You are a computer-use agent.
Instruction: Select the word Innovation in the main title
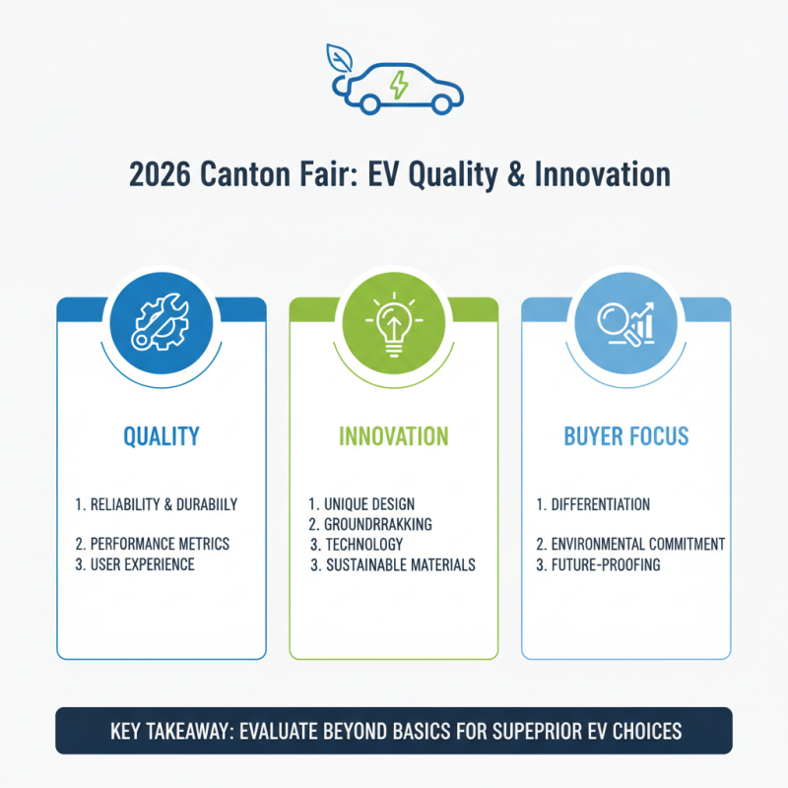click(x=602, y=175)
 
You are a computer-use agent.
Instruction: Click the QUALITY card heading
click(x=161, y=435)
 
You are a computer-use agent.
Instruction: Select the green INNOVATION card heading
click(x=393, y=435)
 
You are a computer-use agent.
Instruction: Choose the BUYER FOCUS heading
click(x=625, y=435)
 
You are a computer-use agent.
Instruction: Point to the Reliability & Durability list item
click(x=157, y=504)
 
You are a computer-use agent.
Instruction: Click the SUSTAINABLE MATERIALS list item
click(x=393, y=565)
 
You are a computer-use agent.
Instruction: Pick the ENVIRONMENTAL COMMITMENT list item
click(x=630, y=544)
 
